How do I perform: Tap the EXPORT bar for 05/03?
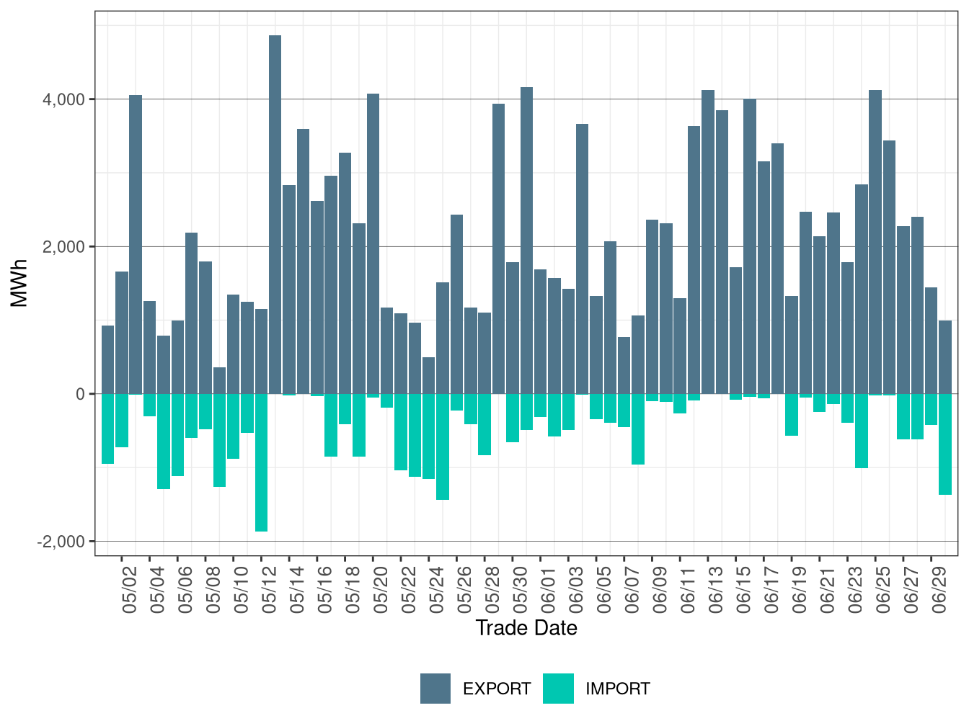coord(136,245)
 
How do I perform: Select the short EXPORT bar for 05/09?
coord(219,381)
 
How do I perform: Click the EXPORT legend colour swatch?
coord(435,689)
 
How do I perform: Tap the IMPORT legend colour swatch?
coord(558,689)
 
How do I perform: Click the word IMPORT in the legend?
coord(617,689)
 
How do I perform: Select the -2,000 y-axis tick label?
coord(61,542)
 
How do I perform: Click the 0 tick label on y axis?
coord(80,394)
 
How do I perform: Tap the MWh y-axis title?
coord(19,283)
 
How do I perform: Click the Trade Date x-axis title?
coord(526,628)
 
